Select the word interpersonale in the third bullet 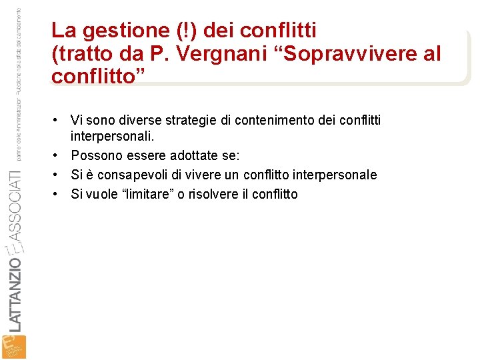tap(336, 175)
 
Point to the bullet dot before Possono tap(61, 155)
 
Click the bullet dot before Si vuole tap(61, 194)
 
